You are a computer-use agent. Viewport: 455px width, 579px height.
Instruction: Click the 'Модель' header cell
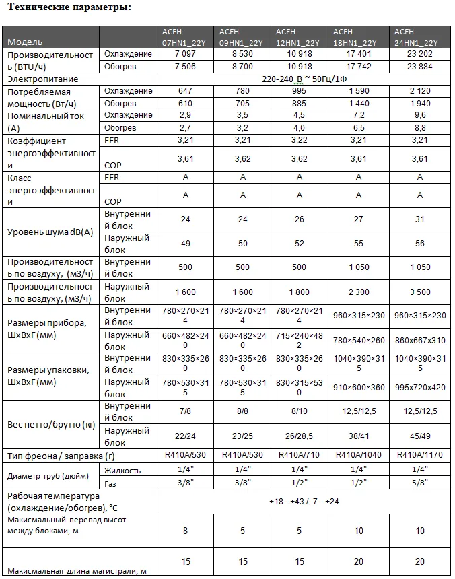click(26, 42)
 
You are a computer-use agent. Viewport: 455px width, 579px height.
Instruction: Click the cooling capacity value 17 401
click(358, 54)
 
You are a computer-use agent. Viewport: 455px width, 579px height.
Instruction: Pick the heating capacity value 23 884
click(420, 67)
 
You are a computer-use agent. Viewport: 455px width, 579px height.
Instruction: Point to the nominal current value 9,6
click(420, 115)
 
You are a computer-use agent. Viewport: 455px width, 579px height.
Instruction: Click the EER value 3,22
click(301, 140)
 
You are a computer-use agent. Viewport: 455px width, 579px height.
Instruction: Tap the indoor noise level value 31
click(420, 219)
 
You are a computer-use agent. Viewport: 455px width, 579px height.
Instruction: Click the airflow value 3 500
click(420, 292)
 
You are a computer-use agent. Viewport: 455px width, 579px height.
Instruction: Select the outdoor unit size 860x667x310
click(420, 340)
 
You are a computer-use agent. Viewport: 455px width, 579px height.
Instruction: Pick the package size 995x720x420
click(420, 388)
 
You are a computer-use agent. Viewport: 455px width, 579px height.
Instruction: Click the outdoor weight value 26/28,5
click(301, 436)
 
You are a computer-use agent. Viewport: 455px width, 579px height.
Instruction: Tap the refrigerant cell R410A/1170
click(420, 455)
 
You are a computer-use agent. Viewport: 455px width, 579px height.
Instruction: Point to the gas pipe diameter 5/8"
click(420, 483)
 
